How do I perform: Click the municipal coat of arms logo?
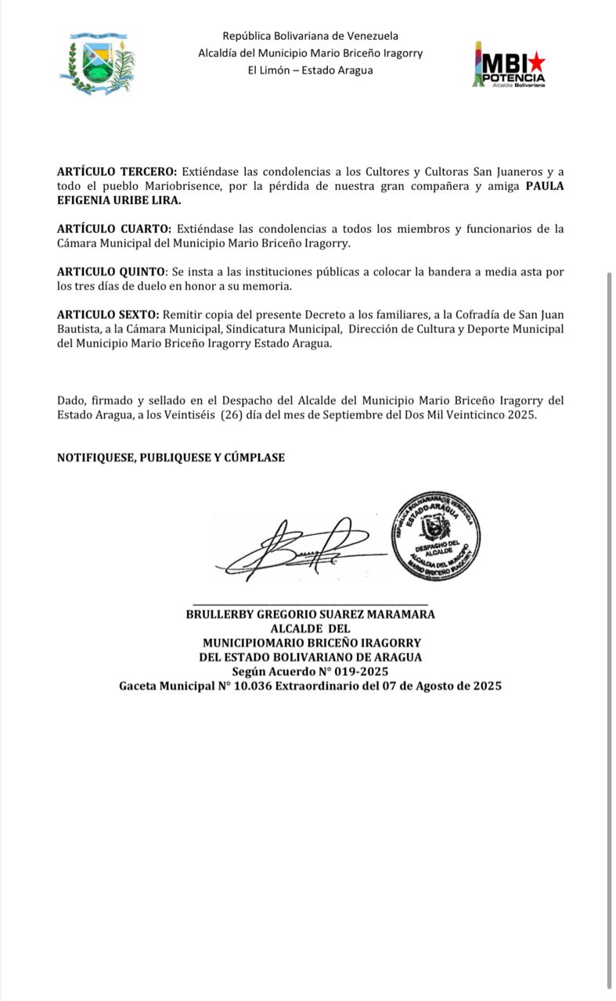(x=97, y=64)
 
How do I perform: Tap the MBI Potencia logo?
(x=509, y=64)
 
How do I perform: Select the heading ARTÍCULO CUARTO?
(x=114, y=229)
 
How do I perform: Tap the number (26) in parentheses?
(x=229, y=415)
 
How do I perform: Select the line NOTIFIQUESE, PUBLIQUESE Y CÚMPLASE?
(x=171, y=457)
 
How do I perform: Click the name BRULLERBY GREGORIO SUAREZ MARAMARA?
(x=310, y=614)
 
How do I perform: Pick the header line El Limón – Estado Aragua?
(x=310, y=70)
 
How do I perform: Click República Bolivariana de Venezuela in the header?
(x=310, y=36)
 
